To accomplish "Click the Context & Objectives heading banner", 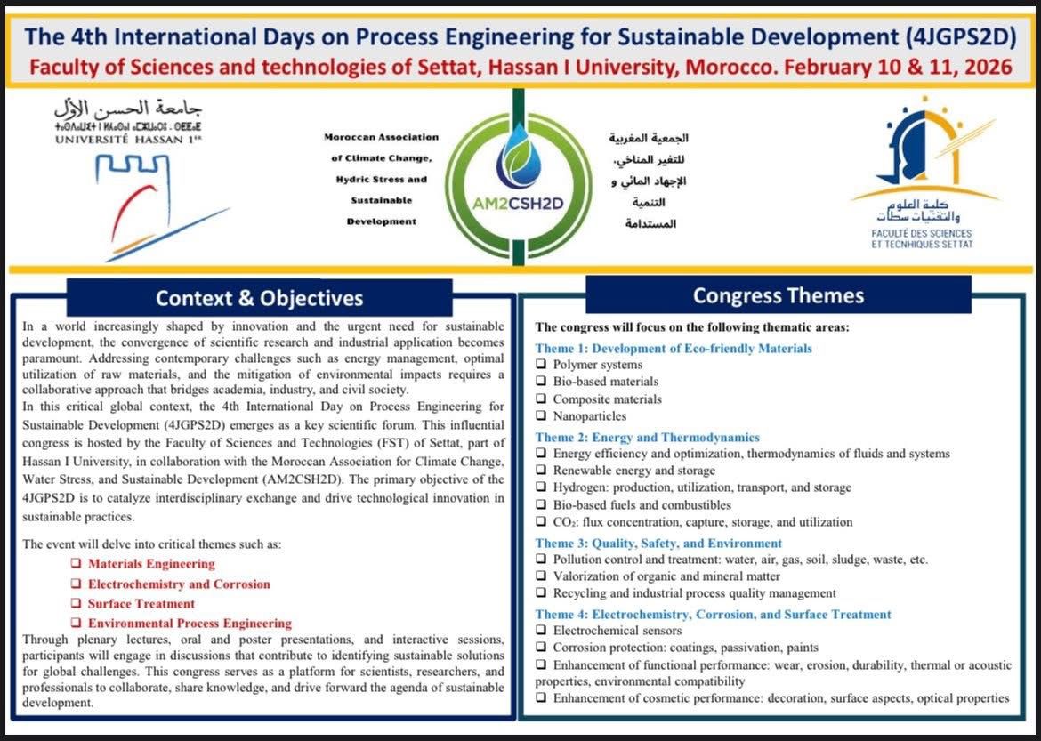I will (260, 298).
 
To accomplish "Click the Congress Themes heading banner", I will (778, 294).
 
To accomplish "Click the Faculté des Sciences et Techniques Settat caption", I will (923, 238).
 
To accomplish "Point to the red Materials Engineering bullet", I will (150, 564).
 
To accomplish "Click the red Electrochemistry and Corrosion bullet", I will (178, 584).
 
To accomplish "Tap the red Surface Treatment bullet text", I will (141, 604).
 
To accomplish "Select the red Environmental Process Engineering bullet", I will (189, 624).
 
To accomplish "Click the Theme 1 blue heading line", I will (674, 349).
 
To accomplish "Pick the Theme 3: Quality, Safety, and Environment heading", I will (658, 543).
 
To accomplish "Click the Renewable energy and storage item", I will (633, 471).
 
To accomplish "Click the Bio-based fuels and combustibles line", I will (642, 505).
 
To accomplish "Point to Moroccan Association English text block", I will (383, 179).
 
